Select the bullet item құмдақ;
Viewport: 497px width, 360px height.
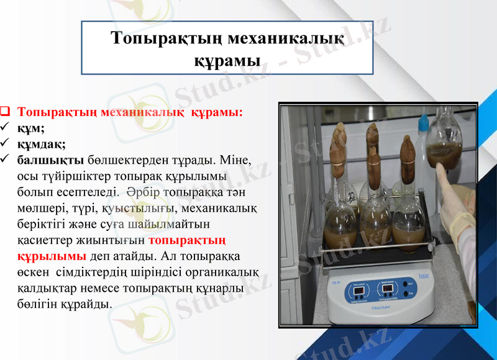point(42,145)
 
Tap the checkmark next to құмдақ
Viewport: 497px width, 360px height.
point(6,145)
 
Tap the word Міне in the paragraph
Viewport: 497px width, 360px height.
point(234,160)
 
